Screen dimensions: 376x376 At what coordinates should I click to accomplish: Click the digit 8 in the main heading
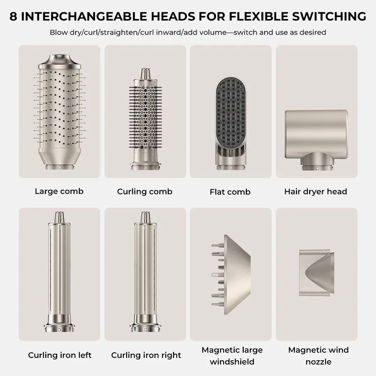click(x=14, y=16)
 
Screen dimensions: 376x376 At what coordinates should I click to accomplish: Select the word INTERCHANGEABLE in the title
click(x=84, y=16)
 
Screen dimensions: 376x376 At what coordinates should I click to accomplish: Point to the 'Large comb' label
click(x=59, y=191)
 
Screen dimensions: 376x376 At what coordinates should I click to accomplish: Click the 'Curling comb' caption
click(x=144, y=191)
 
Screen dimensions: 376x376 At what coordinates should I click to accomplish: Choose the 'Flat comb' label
click(x=230, y=192)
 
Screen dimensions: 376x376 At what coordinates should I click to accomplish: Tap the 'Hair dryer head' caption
click(x=315, y=191)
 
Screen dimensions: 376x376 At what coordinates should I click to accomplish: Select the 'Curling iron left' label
click(x=60, y=355)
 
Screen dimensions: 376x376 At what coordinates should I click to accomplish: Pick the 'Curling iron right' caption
click(x=146, y=355)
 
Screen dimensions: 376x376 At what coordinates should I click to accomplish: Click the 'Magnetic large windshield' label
click(x=232, y=356)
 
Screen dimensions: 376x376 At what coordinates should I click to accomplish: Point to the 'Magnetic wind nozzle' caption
click(x=319, y=356)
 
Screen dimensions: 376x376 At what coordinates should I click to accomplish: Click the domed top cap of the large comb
click(x=60, y=62)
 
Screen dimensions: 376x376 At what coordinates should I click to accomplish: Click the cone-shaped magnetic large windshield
click(x=234, y=275)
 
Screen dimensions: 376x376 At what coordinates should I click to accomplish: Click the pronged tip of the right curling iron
click(x=145, y=217)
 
